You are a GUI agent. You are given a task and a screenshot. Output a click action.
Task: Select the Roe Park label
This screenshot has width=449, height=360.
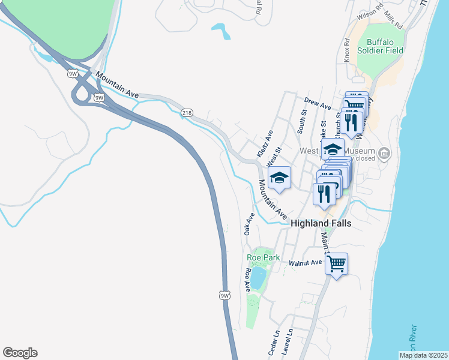point(263,257)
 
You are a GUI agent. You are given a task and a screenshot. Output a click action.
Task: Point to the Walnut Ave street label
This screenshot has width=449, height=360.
point(306,263)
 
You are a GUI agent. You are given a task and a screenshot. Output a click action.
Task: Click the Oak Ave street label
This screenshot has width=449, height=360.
point(249,223)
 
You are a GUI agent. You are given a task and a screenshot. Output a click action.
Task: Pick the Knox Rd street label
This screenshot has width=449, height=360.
point(347,50)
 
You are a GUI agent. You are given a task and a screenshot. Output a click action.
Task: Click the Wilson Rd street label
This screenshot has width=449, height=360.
point(370,11)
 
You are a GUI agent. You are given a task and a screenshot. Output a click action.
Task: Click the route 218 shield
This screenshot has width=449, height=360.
point(187,112)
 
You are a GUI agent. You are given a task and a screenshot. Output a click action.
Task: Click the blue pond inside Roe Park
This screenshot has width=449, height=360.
point(258,278)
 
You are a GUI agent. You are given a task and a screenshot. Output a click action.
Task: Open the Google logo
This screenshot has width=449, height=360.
point(20,353)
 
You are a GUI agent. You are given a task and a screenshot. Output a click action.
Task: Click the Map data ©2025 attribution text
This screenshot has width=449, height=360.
point(423,355)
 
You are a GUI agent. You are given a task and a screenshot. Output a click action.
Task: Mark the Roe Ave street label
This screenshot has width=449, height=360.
point(247,280)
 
